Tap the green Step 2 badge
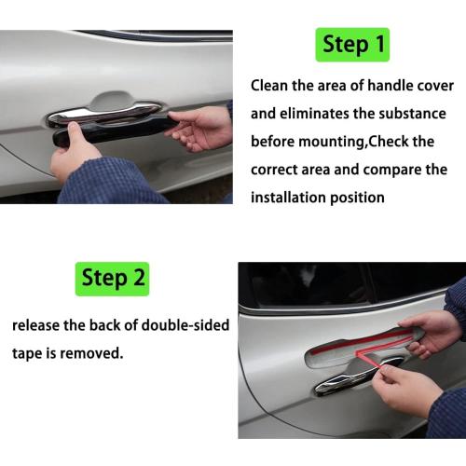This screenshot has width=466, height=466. point(112,278)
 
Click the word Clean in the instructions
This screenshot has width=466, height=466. point(271,86)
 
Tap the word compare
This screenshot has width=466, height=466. point(403,170)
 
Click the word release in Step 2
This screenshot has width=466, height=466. point(39,326)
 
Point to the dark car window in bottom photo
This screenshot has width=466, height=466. point(308,281)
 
